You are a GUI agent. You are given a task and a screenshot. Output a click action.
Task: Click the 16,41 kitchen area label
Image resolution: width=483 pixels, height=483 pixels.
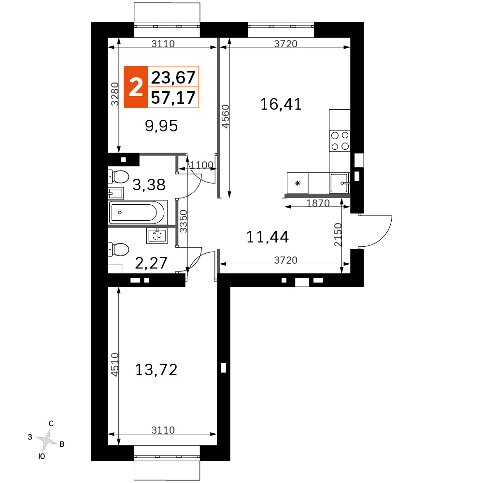point(281,104)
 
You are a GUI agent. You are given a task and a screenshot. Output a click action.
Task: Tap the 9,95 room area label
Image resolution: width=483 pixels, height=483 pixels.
point(161,126)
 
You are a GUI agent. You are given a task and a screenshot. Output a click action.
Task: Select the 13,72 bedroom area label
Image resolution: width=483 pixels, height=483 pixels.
point(156,369)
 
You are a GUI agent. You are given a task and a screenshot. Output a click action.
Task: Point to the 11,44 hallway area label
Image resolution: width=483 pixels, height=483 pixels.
point(268,237)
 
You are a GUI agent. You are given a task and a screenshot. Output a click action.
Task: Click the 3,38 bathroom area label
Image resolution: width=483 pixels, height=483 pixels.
point(149,185)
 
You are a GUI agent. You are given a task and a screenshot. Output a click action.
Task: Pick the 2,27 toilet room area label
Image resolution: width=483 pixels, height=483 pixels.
point(151,263)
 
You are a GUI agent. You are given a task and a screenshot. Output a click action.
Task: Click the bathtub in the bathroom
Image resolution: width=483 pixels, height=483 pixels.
point(138,212)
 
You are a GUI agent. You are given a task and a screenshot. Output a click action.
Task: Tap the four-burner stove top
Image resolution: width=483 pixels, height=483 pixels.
point(340,141)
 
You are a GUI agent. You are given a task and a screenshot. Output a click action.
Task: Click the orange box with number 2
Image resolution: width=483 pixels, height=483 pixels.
point(136,87)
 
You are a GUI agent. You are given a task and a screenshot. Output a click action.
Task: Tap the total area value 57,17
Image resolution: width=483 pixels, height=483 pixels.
point(173,98)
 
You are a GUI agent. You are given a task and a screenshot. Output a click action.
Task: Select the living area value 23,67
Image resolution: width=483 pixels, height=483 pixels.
point(173,77)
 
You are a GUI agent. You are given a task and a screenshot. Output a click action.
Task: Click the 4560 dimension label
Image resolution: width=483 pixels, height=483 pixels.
point(226,116)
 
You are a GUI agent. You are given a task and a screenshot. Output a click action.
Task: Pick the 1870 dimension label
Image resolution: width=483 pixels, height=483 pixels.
point(318,203)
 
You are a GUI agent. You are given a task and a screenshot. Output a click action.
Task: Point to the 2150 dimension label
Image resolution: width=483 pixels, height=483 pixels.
point(338,235)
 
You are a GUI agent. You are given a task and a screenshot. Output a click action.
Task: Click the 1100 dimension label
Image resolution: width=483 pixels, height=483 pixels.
point(201,165)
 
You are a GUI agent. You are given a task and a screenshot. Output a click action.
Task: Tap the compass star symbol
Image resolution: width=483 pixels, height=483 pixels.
point(46,440)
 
